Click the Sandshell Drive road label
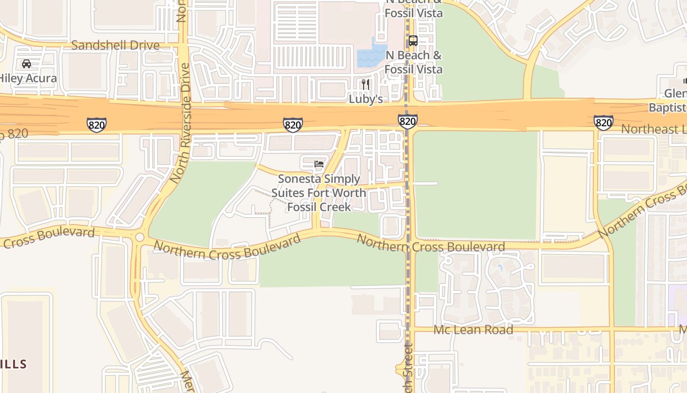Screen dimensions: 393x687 point(115,45)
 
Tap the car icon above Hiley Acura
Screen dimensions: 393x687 point(26,64)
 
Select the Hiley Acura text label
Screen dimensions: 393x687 point(27,78)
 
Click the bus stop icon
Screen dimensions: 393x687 point(413,41)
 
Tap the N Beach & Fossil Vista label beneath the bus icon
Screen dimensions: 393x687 point(413,62)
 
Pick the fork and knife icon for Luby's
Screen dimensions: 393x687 point(365,84)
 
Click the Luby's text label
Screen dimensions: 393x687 point(366,99)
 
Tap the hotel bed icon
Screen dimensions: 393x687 point(319,164)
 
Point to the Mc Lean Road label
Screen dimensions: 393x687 point(473,330)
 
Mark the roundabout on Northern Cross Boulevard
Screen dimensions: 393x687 point(140,237)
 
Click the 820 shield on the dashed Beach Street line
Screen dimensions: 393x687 point(408,121)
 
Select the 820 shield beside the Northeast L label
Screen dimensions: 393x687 point(603,122)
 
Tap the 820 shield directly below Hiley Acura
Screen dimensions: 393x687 point(97,125)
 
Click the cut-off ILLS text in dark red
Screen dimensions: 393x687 point(13,364)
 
